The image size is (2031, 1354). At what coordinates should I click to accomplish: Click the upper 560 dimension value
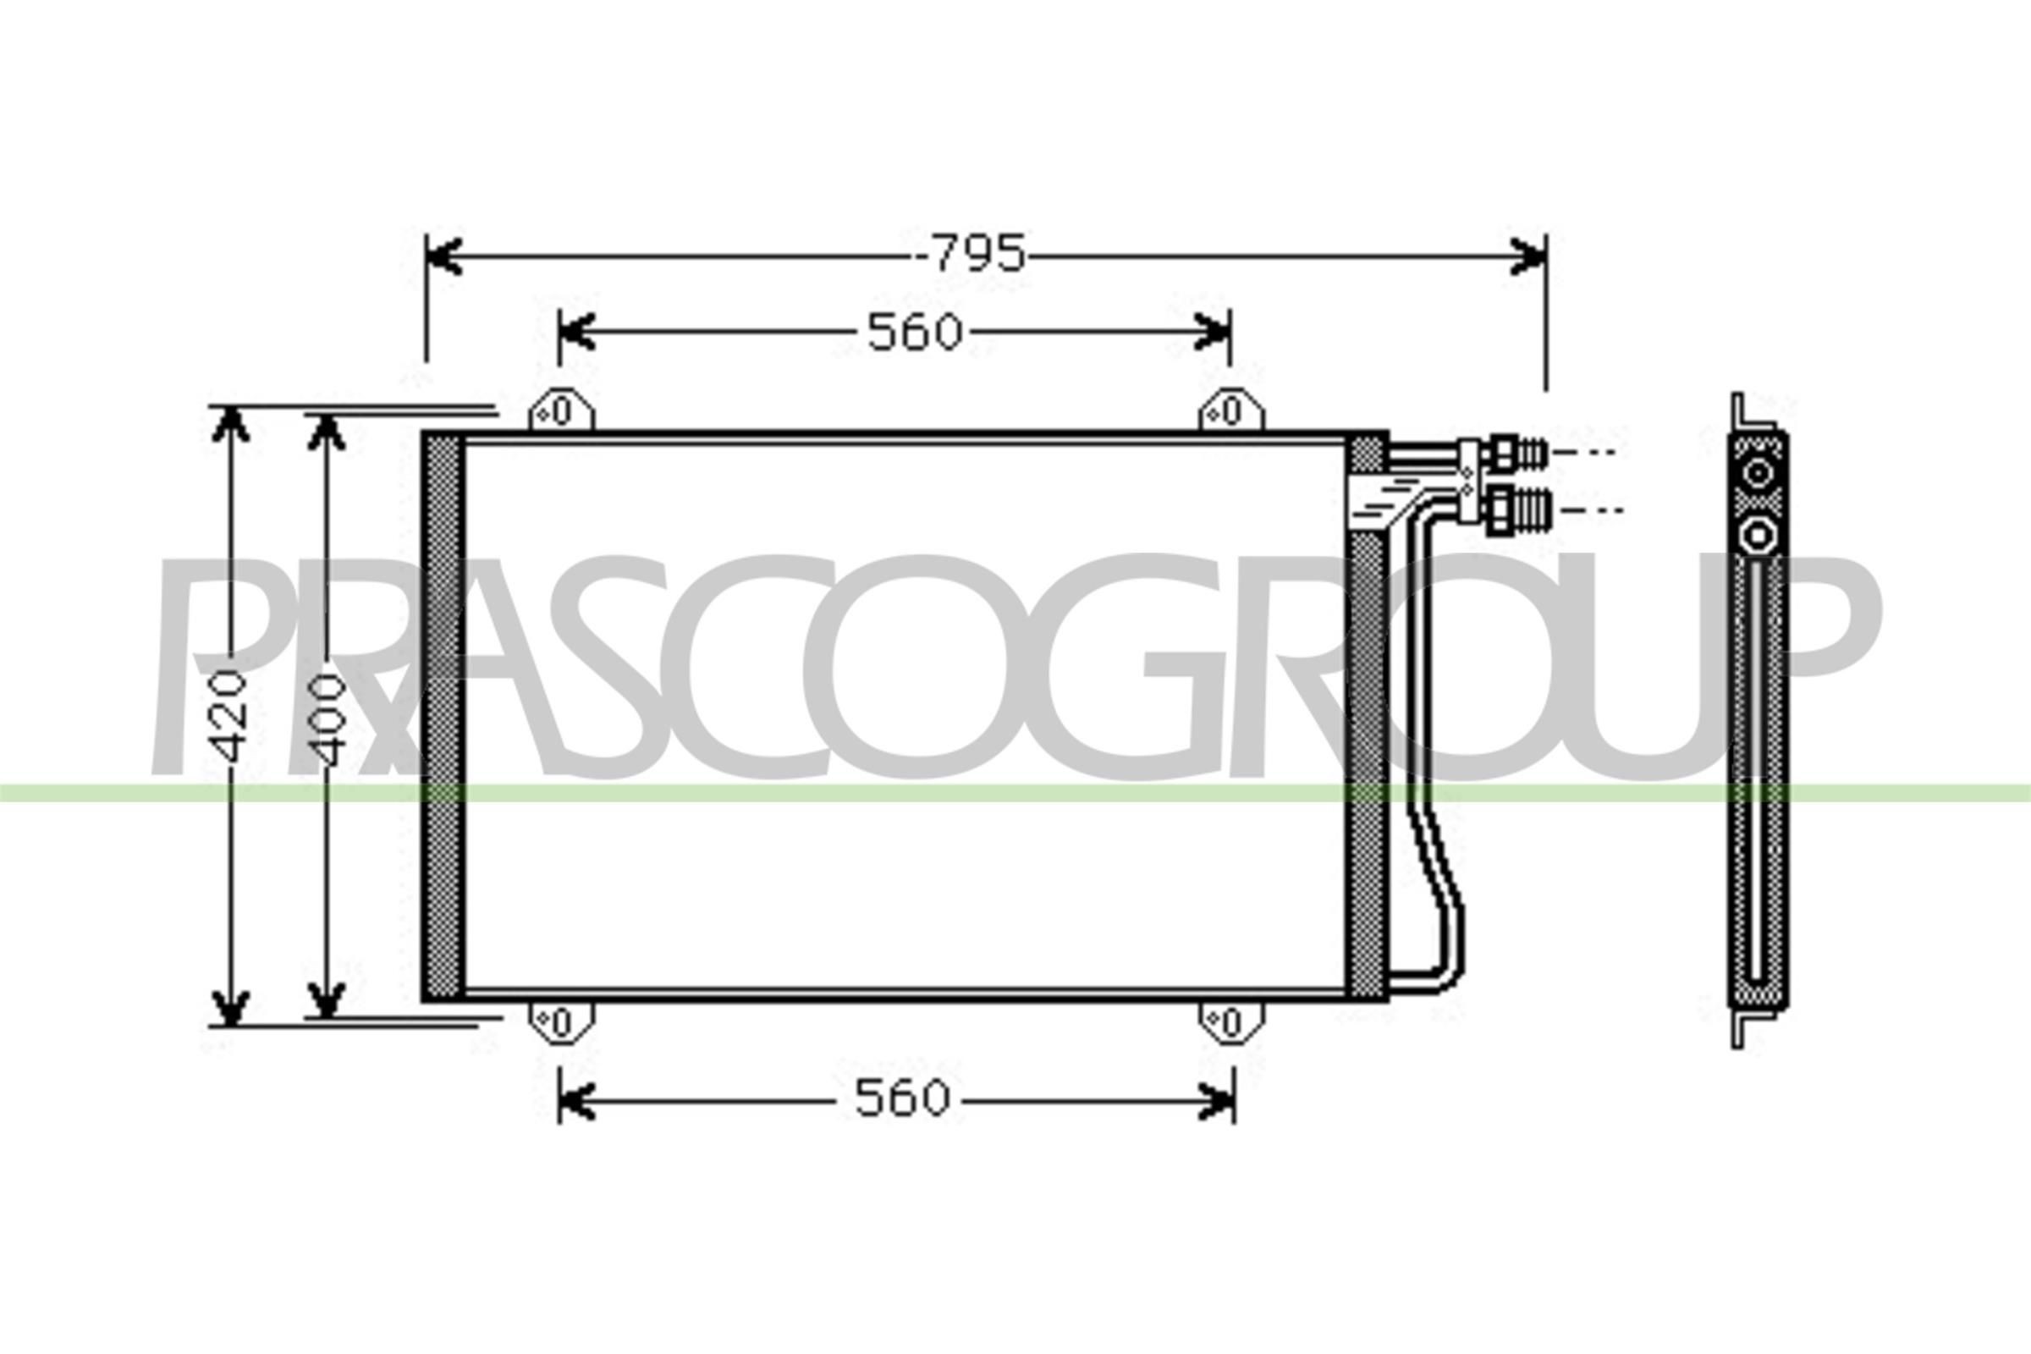pyautogui.click(x=915, y=333)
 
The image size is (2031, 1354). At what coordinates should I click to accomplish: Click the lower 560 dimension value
pyautogui.click(x=901, y=1099)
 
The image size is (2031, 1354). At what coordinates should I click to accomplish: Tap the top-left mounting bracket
pyautogui.click(x=561, y=411)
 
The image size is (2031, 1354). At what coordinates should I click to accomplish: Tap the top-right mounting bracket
pyautogui.click(x=1231, y=411)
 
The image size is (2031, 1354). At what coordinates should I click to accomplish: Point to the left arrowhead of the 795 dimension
pyautogui.click(x=442, y=256)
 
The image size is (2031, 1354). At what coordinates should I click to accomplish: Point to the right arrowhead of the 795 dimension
pyautogui.click(x=1528, y=256)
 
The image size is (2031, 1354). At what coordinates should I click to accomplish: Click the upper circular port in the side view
pyautogui.click(x=1758, y=474)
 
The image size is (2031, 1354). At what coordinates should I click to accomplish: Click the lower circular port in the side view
pyautogui.click(x=1758, y=537)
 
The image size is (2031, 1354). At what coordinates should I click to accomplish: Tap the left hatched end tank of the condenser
pyautogui.click(x=442, y=717)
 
